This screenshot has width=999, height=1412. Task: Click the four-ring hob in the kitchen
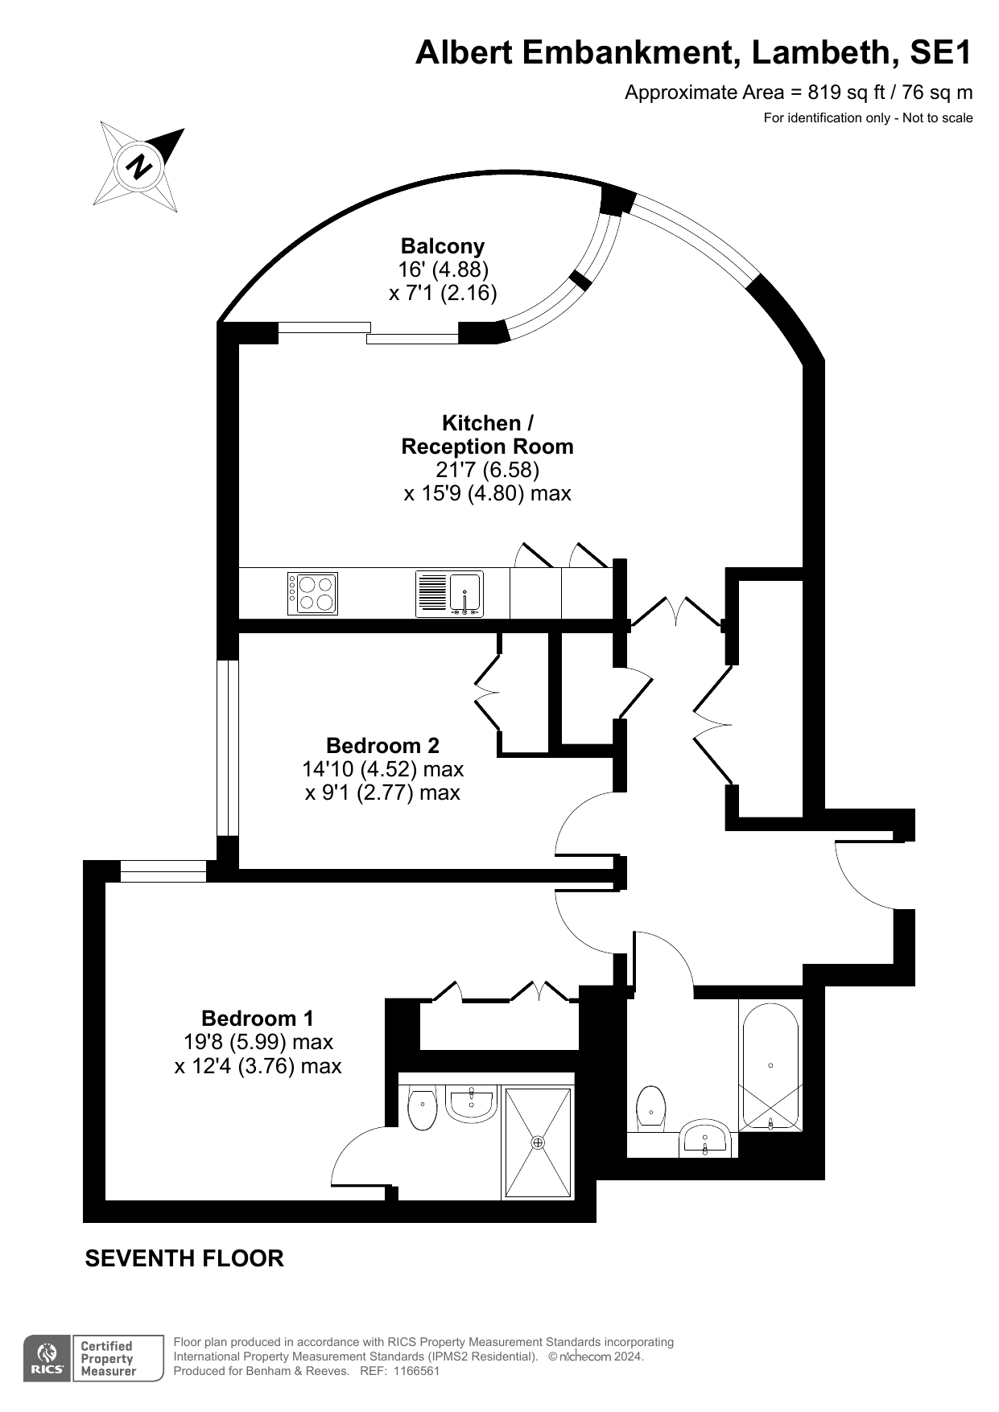pyautogui.click(x=313, y=594)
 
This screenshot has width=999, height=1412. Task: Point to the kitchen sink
pyautogui.click(x=465, y=594)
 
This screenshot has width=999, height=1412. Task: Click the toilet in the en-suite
pyautogui.click(x=423, y=1109)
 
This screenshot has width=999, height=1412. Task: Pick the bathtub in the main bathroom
pyautogui.click(x=770, y=1065)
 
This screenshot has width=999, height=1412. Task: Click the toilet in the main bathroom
pyautogui.click(x=650, y=1107)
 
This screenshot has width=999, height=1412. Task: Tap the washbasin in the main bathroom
pyautogui.click(x=706, y=1138)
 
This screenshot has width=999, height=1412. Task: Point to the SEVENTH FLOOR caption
pyautogui.click(x=184, y=1258)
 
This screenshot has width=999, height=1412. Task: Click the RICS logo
pyautogui.click(x=47, y=1359)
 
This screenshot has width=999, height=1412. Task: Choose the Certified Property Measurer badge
pyautogui.click(x=118, y=1359)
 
